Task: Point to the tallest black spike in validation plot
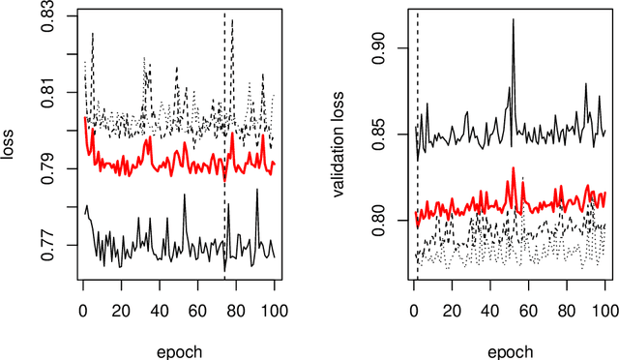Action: point(513,21)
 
